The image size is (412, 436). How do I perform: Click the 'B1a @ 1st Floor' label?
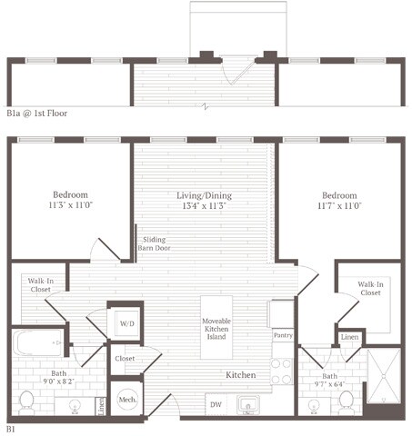click(37, 114)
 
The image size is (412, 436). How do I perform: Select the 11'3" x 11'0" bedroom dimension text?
click(69, 206)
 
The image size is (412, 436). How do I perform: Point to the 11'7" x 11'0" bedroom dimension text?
click(337, 206)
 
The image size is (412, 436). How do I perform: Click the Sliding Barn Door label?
click(161, 243)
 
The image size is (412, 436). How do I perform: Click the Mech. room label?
click(126, 399)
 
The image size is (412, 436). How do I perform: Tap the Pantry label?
click(282, 335)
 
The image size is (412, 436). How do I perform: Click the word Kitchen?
click(241, 374)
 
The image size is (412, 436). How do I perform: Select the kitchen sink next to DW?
click(246, 403)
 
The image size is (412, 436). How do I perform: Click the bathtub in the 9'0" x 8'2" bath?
click(36, 344)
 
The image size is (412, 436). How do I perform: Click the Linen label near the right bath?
click(350, 337)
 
